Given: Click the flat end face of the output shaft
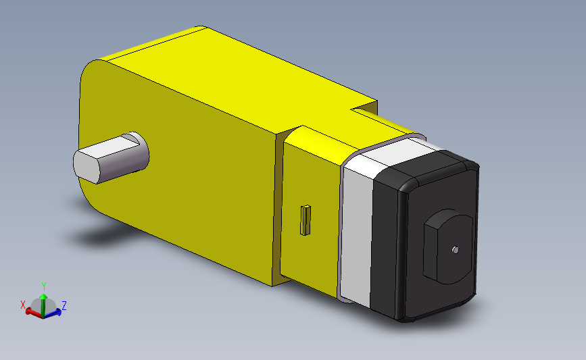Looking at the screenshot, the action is point(87,167).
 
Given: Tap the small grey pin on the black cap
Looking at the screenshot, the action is point(455,250).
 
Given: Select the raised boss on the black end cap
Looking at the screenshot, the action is point(447,247).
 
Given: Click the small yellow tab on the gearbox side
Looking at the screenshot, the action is point(305,220).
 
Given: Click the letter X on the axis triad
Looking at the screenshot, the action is point(23,305).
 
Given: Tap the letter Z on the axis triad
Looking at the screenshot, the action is point(64,306).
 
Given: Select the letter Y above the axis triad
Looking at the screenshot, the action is point(44,286).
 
